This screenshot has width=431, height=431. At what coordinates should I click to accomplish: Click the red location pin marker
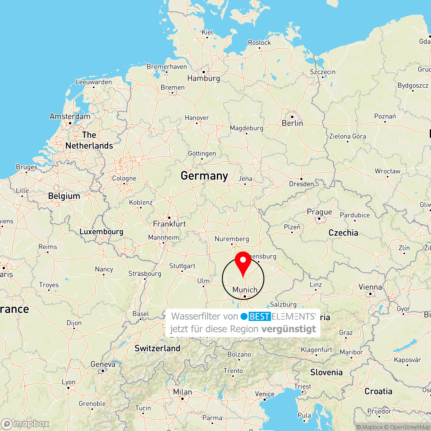coord(243,261)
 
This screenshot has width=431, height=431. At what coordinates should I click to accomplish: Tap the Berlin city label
coord(292,123)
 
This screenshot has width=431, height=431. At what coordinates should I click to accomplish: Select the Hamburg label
coord(203,78)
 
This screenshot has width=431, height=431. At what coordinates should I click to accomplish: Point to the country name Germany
coord(204,176)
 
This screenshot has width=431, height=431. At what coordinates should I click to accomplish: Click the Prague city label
coord(319,212)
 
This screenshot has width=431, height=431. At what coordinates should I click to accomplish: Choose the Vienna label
coord(370,287)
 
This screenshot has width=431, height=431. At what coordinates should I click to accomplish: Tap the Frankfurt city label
coord(169,224)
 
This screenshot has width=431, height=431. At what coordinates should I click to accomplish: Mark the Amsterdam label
coord(70,116)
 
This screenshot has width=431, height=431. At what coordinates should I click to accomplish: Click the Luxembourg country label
coord(101,232)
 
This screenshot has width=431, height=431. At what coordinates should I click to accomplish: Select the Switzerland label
coord(157,348)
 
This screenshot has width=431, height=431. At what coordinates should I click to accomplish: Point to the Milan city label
coord(182,392)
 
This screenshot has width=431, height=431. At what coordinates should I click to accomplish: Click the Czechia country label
coord(343,233)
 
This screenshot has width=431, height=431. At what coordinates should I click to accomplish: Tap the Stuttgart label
coord(182,266)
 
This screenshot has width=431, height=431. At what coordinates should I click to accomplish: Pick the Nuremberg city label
coord(232,239)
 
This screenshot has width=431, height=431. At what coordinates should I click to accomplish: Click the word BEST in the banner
coord(259,316)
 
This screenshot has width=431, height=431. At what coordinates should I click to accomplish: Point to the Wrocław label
coord(387,171)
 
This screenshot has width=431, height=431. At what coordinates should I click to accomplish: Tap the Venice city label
coord(265,394)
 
